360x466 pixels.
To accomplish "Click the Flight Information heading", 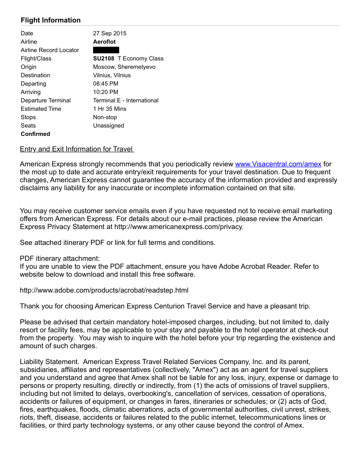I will pyautogui.click(x=51, y=20).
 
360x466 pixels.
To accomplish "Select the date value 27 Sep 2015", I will pyautogui.click(x=109, y=33).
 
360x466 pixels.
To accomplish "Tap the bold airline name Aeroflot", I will pyautogui.click(x=104, y=41).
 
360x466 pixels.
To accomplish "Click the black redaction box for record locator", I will pyautogui.click(x=106, y=50).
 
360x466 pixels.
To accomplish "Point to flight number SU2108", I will pyautogui.click(x=104, y=58).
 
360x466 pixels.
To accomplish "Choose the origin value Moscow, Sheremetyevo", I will pyautogui.click(x=124, y=67).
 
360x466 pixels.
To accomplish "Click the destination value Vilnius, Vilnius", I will pyautogui.click(x=112, y=75).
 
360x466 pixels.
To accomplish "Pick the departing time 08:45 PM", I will pyautogui.click(x=105, y=83).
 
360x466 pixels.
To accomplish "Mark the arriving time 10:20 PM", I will pyautogui.click(x=105, y=92).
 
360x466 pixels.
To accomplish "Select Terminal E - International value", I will pyautogui.click(x=126, y=100).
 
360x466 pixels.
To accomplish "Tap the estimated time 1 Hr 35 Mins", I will pyautogui.click(x=109, y=109).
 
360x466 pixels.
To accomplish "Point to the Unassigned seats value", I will pyautogui.click(x=109, y=125).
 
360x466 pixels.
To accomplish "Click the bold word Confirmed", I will pyautogui.click(x=35, y=134).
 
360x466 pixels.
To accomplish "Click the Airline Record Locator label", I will pyautogui.click(x=50, y=50).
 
